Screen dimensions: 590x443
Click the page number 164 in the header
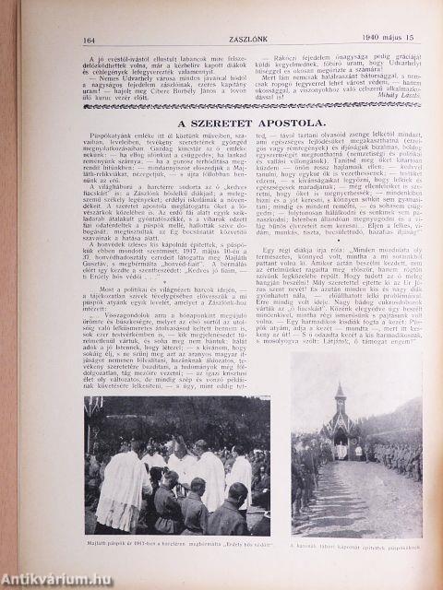[x=90, y=39]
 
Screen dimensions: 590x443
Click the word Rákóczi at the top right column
[x=275, y=55]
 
